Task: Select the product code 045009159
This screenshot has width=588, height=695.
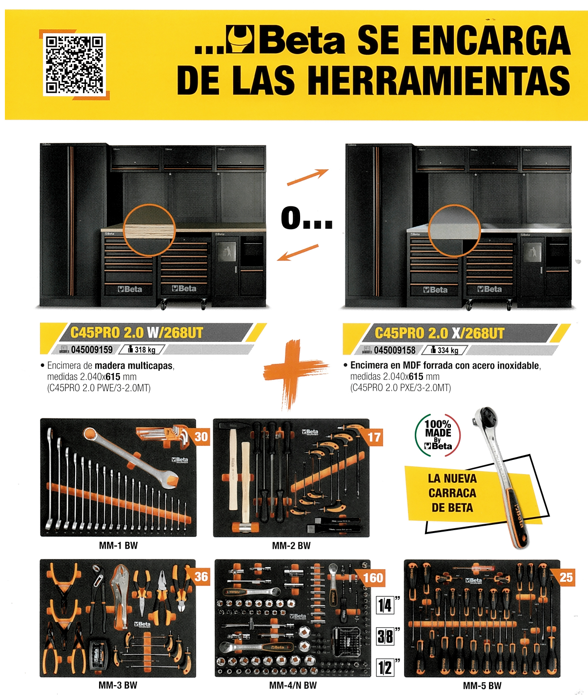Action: coord(92,350)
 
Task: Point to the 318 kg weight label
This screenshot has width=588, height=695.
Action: coord(145,350)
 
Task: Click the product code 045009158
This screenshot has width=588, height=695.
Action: coord(394,350)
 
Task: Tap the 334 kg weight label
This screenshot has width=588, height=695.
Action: coord(447,350)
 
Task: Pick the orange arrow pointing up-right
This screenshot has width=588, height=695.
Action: coord(307,178)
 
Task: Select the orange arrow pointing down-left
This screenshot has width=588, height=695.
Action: coord(298,253)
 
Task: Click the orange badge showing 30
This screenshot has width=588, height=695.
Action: coord(201,437)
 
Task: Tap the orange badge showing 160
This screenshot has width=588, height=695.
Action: coord(373,578)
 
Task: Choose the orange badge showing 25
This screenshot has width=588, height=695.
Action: coord(566,577)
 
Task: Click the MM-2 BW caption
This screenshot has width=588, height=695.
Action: coord(291,546)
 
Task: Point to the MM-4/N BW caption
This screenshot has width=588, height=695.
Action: coord(293,685)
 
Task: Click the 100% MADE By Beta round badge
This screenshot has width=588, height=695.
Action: coord(438,435)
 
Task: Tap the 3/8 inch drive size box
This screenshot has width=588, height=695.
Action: coord(385,636)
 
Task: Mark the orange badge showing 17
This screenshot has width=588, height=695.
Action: coord(374,437)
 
